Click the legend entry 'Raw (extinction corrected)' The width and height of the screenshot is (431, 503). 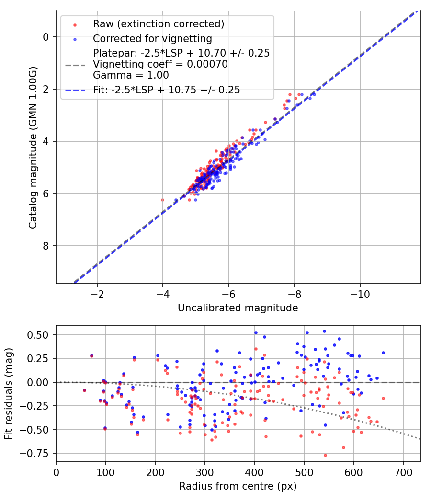pos(159,24)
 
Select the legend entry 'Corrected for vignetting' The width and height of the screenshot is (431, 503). pos(152,38)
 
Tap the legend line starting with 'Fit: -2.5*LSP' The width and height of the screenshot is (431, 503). pos(167,90)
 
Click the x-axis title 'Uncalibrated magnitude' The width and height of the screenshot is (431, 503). pos(238,308)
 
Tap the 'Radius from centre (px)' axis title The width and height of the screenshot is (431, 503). pos(238,486)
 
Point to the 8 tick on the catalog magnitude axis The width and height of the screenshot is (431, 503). pos(46,246)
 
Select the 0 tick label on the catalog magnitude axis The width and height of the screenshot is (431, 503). pos(46,37)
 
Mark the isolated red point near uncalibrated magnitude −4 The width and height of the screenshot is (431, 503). pos(162,200)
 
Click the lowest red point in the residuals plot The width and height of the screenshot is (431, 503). pos(325,455)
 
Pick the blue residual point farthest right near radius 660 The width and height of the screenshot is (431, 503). pos(383,353)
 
